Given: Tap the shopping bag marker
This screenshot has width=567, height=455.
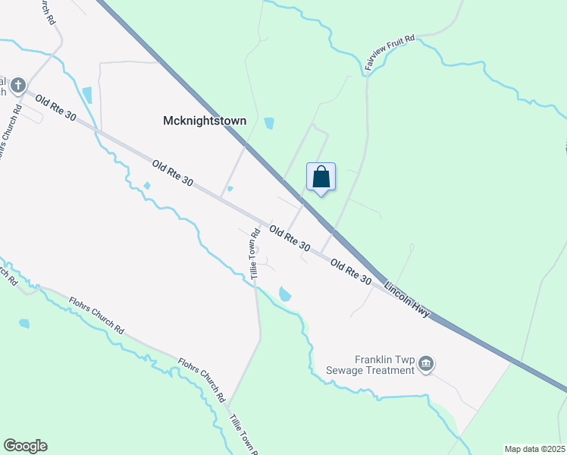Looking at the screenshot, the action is (321, 178).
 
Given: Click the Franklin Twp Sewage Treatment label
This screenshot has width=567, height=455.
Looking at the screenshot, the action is (385, 365).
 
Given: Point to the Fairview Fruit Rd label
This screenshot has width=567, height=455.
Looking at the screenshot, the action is (390, 53).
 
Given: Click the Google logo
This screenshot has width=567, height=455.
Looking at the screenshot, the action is (25, 446).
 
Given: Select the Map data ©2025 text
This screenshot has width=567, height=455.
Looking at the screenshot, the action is (534, 449).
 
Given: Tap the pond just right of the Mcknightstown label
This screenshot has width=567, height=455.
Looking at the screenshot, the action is (268, 123).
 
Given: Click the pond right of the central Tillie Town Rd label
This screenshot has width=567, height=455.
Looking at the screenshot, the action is (285, 294).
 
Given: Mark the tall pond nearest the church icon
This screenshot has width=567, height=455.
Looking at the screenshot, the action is (87, 96).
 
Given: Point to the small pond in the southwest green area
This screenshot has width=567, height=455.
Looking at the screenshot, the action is (24, 324).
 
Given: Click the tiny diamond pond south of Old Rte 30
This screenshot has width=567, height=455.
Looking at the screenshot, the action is (147, 186).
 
